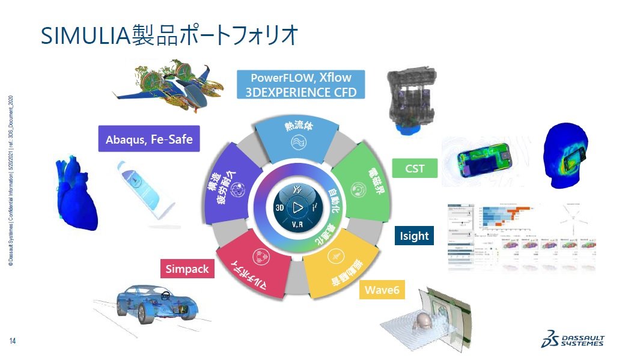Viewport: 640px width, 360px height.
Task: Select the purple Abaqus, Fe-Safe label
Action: tap(148, 139)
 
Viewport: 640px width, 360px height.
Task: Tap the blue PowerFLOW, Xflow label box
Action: tap(301, 85)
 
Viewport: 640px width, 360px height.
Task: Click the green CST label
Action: tap(415, 168)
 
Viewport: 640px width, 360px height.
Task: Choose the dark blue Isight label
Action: tap(414, 236)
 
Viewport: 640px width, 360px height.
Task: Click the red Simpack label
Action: tap(187, 269)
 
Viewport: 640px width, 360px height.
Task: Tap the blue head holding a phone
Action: tap(568, 153)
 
